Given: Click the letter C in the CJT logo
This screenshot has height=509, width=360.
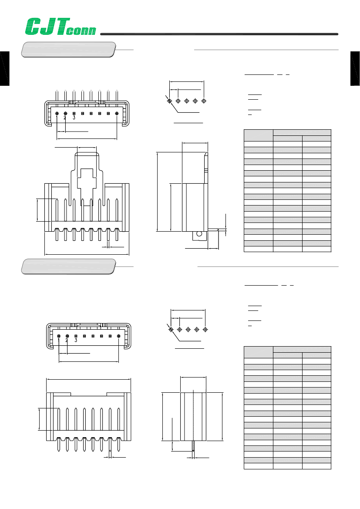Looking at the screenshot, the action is pyautogui.click(x=33, y=27).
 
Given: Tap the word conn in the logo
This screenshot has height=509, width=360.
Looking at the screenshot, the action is pyautogui.click(x=81, y=30).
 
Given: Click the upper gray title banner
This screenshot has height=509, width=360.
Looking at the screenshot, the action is pyautogui.click(x=68, y=50).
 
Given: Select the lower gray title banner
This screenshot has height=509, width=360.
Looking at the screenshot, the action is pyautogui.click(x=68, y=266).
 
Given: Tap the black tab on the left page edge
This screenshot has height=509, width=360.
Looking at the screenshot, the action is pyautogui.click(x=4, y=68).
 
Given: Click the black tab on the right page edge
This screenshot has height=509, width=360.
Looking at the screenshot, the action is pyautogui.click(x=355, y=68).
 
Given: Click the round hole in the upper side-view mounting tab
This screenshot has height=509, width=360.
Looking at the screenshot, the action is pyautogui.click(x=199, y=234).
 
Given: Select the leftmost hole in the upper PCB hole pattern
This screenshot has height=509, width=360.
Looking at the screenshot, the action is pyautogui.click(x=169, y=101).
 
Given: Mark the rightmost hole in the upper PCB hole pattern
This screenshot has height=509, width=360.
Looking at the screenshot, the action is pyautogui.click(x=204, y=101).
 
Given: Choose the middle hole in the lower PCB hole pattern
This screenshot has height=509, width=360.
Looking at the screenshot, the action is pyautogui.click(x=188, y=330).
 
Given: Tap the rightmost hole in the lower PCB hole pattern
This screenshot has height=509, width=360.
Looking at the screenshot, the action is pyautogui.click(x=205, y=330).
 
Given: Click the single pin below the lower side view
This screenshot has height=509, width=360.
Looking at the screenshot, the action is pyautogui.click(x=193, y=445).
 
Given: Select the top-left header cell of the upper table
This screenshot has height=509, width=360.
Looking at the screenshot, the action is pyautogui.click(x=259, y=135).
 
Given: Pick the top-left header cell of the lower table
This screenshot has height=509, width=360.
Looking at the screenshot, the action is pyautogui.click(x=259, y=352).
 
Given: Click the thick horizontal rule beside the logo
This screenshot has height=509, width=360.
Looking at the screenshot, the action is pyautogui.click(x=219, y=34).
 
